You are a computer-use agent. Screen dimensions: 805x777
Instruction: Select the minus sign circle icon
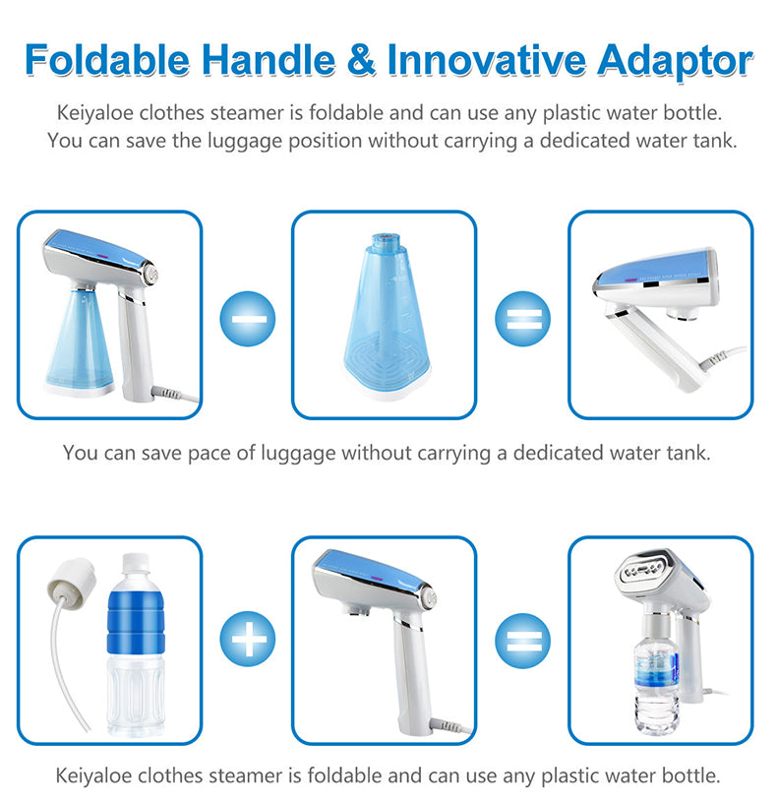pyautogui.click(x=248, y=318)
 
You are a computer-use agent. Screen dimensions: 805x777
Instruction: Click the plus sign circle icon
pyautogui.click(x=248, y=643)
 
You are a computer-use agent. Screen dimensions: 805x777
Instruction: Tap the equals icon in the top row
pyautogui.click(x=522, y=318)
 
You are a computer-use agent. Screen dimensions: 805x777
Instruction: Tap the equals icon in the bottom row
pyautogui.click(x=522, y=643)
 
